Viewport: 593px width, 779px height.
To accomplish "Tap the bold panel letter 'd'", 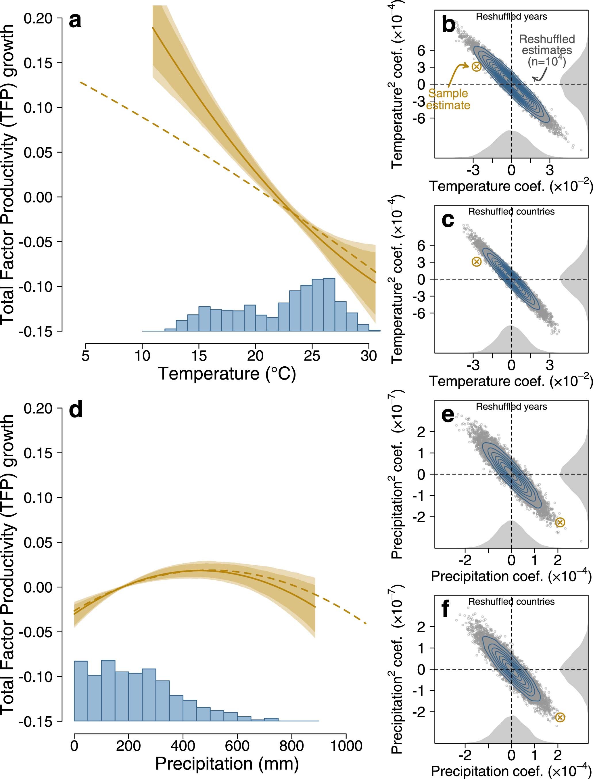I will tap(76, 411).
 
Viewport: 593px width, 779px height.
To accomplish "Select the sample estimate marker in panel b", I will tap(476, 66).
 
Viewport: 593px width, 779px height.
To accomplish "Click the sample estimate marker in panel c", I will tap(477, 262).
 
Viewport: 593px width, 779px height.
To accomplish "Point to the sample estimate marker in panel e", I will tap(560, 522).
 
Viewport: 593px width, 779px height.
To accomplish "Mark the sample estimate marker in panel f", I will tap(560, 717).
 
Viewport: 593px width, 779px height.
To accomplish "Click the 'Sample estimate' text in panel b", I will tap(448, 99).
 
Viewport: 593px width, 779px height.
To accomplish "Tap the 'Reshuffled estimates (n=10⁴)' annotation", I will tap(547, 50).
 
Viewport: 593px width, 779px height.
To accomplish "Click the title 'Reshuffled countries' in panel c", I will tap(511, 212).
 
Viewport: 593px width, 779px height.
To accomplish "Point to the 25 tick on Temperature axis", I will tap(312, 356).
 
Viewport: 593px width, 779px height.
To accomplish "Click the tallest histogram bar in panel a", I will tap(329, 305).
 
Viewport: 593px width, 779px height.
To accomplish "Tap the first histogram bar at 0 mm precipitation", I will tap(80, 691).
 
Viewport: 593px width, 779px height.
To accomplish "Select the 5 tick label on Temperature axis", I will tap(85, 356).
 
